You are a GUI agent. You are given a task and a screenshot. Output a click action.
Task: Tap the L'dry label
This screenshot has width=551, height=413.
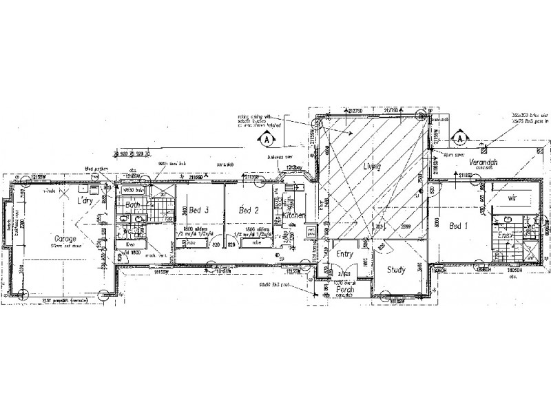pos(85,200)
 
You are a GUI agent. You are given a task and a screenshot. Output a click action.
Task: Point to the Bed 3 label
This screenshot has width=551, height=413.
pos(193,211)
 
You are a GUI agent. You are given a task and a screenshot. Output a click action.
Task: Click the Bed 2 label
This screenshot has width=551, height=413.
pos(247,211)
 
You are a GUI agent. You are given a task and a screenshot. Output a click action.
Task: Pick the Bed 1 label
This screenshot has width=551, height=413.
pos(459,226)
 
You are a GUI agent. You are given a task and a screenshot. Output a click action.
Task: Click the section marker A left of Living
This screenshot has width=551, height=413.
pos(265,138)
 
